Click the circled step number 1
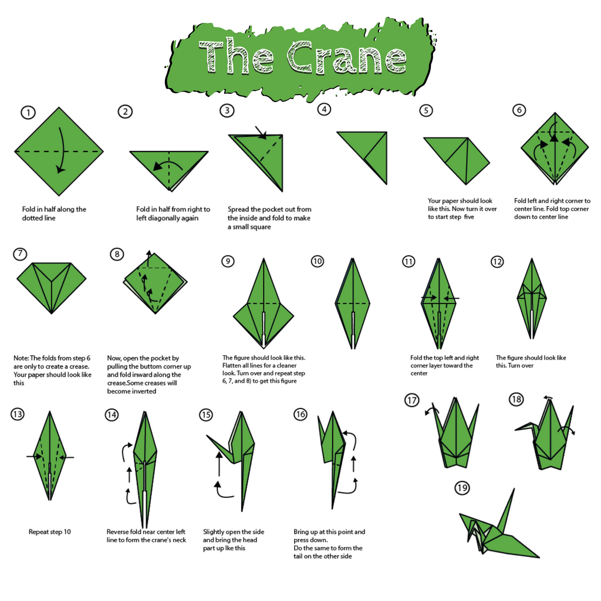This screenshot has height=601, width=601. [x=28, y=113]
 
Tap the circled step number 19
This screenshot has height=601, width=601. [x=462, y=488]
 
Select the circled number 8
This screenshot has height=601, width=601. [x=117, y=254]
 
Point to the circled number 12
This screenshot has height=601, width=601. [x=497, y=262]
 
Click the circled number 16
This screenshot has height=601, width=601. [x=300, y=414]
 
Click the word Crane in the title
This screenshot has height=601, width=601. [x=347, y=57]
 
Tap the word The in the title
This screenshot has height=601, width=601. [x=237, y=56]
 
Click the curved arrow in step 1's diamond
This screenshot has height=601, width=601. [x=61, y=150]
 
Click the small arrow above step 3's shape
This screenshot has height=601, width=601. [x=261, y=133]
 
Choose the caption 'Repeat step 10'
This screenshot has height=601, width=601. [x=50, y=532]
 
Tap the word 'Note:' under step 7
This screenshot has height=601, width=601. [x=21, y=358]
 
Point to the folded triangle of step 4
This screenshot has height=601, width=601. [x=362, y=158]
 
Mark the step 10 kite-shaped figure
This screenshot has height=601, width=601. [x=353, y=303]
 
